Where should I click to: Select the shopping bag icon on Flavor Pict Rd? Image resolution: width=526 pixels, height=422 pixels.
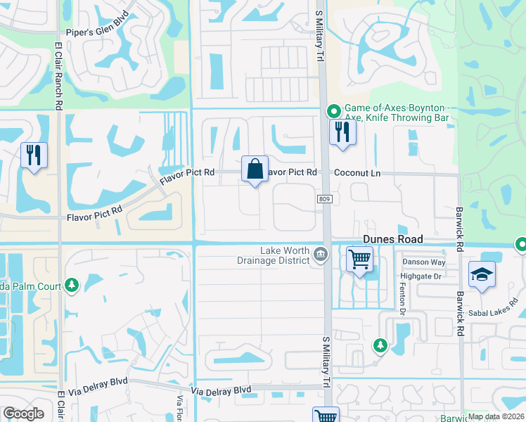tap(255, 170)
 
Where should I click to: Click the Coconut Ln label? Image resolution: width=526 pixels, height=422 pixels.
tap(357, 172)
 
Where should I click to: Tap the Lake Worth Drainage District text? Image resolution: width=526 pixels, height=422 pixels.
tap(285, 255)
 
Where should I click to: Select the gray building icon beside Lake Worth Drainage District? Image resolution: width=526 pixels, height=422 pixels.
tap(321, 254)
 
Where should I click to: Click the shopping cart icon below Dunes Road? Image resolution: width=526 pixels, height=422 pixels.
tap(359, 260)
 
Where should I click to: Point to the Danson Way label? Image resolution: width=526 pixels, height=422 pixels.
tap(423, 262)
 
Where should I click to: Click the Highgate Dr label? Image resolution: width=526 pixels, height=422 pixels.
tap(421, 276)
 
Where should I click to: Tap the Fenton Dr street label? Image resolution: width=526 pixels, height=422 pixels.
tap(404, 300)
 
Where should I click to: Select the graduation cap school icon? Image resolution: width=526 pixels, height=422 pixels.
tap(482, 275)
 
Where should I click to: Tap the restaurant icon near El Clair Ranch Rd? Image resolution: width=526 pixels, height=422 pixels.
tap(34, 155)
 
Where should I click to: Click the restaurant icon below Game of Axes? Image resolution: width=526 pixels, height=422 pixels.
tap(342, 132)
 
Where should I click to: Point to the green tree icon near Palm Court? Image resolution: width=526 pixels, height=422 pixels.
tap(71, 284)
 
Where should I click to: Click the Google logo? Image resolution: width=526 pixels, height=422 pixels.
tap(24, 414)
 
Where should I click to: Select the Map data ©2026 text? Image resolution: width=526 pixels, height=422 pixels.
tap(496, 416)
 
